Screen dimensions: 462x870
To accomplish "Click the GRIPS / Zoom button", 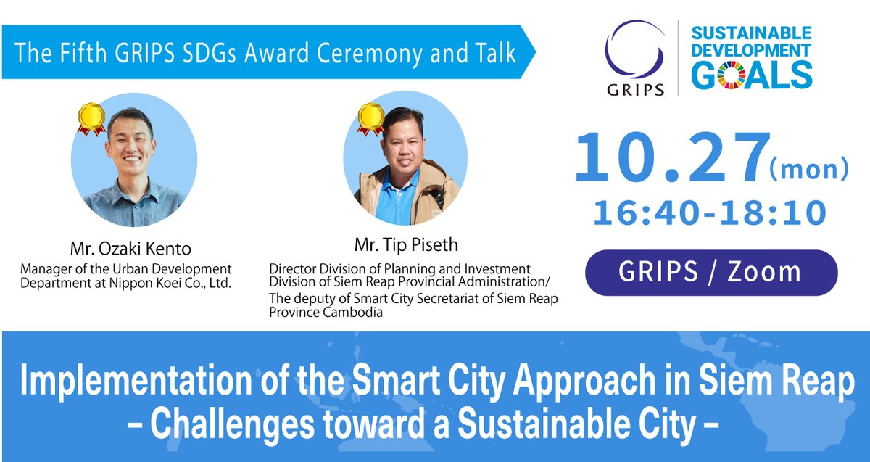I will point(710,272).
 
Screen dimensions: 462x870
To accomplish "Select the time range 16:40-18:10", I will point(710,213).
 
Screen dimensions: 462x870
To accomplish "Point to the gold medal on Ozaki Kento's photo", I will point(92,118).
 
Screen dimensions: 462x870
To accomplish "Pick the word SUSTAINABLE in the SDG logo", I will point(750,33).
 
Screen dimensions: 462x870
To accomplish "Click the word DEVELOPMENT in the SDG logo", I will point(750,51).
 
